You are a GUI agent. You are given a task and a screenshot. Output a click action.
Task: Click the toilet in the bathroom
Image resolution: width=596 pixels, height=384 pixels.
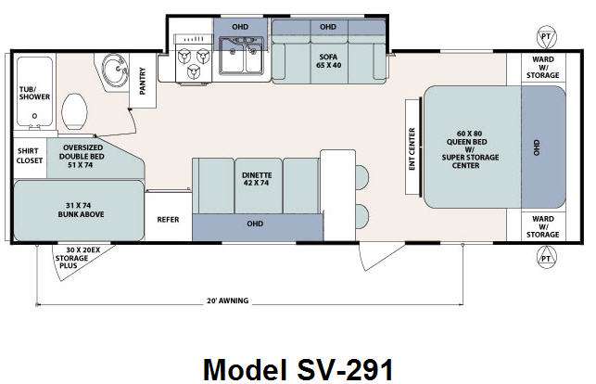[74, 111]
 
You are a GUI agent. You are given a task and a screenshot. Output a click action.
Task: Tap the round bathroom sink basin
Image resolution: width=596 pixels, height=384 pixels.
[115, 70]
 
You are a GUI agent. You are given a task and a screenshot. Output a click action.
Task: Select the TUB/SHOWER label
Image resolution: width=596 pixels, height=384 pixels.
[34, 93]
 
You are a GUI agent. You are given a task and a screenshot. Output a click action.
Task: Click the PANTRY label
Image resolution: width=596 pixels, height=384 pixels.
[143, 81]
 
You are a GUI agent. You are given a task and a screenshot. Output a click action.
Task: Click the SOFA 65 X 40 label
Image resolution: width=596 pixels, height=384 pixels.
[328, 61]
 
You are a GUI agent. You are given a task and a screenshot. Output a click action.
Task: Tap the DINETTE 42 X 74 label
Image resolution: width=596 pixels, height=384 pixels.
[257, 179]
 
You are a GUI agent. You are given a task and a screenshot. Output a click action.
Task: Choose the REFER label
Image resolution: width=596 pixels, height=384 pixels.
[168, 220]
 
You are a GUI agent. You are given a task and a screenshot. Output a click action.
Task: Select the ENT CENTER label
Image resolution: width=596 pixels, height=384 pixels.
[412, 149]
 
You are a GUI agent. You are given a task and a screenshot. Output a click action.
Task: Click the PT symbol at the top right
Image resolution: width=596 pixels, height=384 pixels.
[546, 37]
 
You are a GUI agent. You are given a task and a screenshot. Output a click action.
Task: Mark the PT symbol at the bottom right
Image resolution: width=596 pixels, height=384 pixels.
[546, 258]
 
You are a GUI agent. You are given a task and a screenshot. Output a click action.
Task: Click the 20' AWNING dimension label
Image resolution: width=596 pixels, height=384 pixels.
[227, 301]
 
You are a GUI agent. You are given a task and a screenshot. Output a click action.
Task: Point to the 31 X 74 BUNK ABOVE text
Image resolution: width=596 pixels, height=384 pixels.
[81, 210]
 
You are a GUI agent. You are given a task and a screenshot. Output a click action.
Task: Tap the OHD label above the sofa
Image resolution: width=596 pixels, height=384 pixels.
[327, 27]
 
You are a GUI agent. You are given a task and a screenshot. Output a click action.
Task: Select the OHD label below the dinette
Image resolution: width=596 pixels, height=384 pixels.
[255, 224]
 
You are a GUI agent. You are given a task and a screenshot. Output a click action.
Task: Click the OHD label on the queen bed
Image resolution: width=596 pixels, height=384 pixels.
[537, 147]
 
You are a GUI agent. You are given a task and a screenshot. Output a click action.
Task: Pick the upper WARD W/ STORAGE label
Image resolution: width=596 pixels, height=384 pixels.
[543, 68]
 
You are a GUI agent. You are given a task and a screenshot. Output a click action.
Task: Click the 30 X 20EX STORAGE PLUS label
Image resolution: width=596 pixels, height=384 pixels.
[77, 258]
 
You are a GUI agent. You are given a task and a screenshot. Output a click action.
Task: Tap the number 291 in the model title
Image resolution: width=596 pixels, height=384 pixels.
[370, 369]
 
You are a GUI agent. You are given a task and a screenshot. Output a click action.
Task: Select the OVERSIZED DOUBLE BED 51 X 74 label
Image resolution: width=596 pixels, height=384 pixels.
[82, 156]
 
